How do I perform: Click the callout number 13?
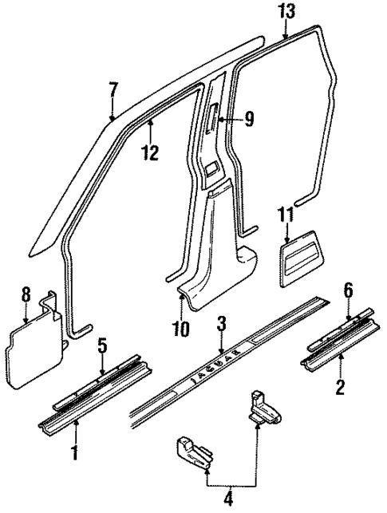(x=286, y=11)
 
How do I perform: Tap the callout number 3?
(x=223, y=323)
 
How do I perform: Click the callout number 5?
(x=102, y=346)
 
